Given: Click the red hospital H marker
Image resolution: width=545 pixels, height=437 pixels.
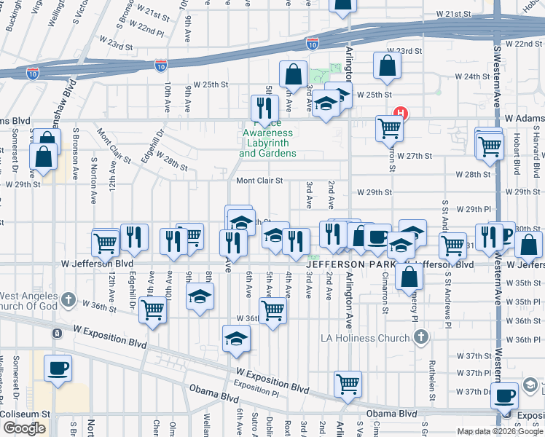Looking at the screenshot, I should click(399, 114).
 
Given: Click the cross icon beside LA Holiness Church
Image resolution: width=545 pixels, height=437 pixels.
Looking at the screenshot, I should click(420, 336).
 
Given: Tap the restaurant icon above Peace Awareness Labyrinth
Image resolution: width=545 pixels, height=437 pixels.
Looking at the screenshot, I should click(264, 108).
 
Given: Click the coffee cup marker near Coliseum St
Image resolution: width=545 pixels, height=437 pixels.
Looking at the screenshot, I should click(58, 368).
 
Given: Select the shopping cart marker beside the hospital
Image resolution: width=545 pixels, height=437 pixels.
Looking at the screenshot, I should click(390, 128).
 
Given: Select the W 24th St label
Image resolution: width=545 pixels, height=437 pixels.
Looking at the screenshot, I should click(471, 76).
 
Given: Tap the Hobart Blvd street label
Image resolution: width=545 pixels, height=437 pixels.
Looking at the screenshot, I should click(517, 159).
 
